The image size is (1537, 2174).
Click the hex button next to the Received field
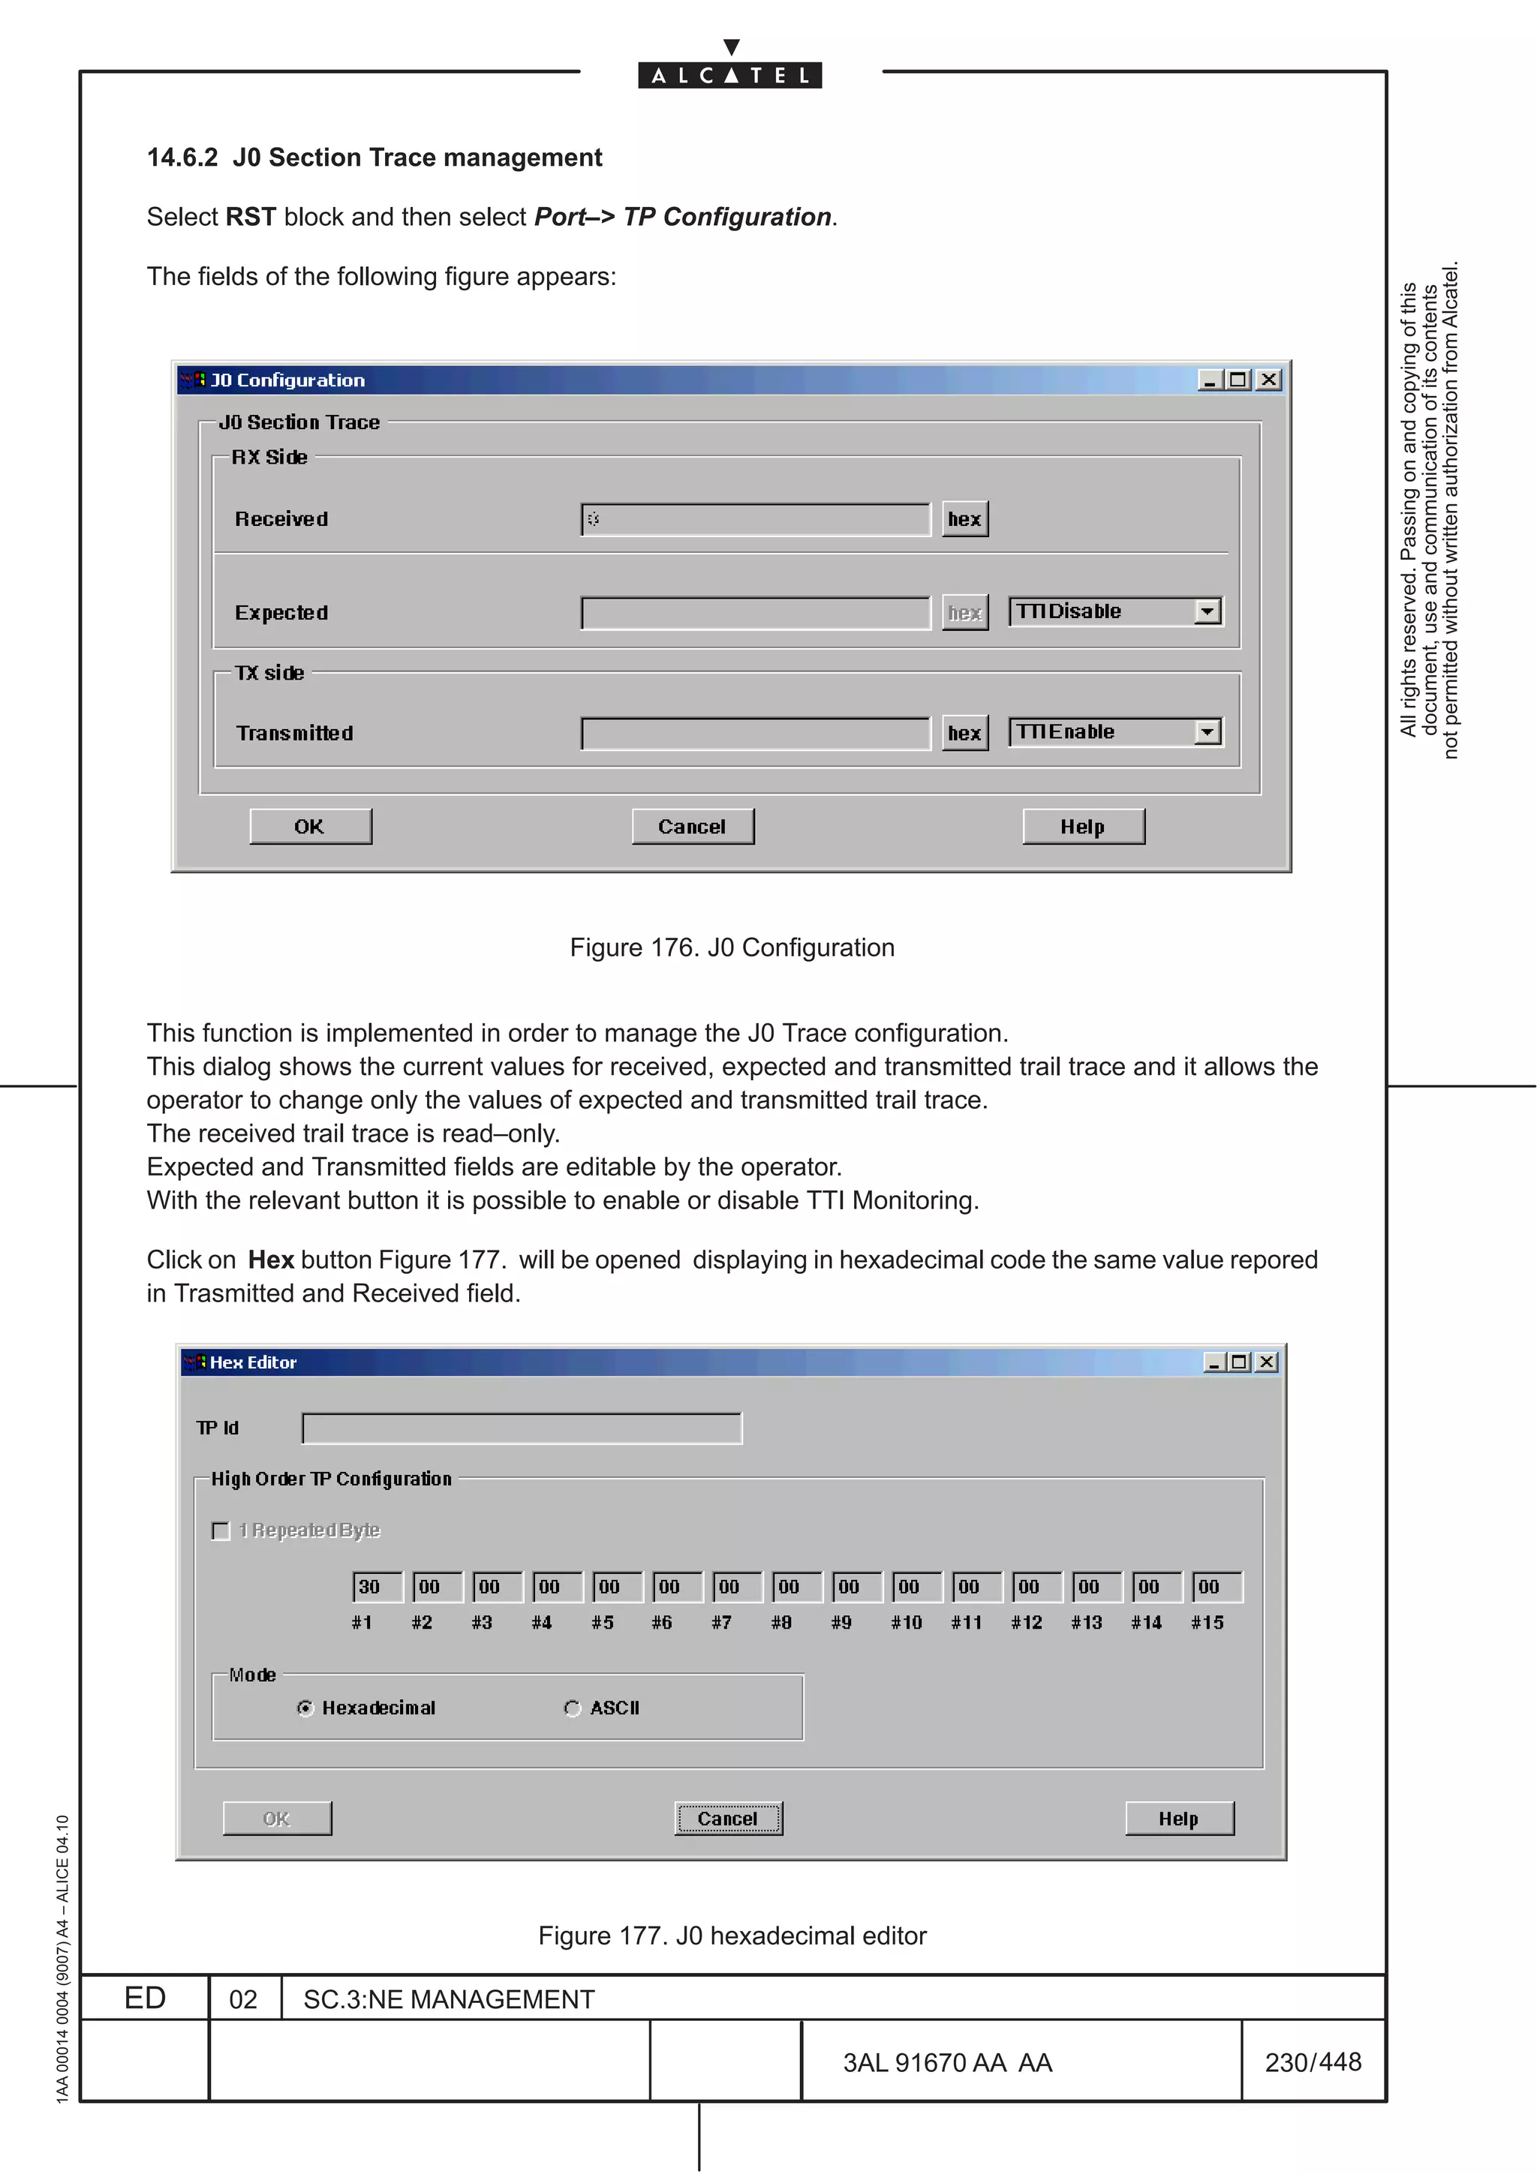pyautogui.click(x=964, y=519)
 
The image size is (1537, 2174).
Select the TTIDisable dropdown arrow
pyautogui.click(x=1207, y=611)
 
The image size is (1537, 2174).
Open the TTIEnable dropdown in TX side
pyautogui.click(x=1207, y=732)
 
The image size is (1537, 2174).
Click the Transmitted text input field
pyautogui.click(x=756, y=733)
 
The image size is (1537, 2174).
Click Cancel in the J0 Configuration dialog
pyautogui.click(x=692, y=827)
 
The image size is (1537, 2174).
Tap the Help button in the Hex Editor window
pyautogui.click(x=1178, y=1818)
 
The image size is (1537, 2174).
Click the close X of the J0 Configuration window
pyautogui.click(x=1269, y=380)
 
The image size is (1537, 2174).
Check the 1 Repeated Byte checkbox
pyautogui.click(x=221, y=1531)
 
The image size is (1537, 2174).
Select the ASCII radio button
pyautogui.click(x=572, y=1708)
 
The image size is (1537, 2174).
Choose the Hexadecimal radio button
pyautogui.click(x=305, y=1708)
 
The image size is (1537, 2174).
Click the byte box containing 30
pyautogui.click(x=376, y=1587)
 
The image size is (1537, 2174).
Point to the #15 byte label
pyautogui.click(x=1208, y=1623)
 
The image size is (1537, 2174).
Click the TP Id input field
pyautogui.click(x=521, y=1428)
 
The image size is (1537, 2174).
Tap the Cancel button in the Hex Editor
pyautogui.click(x=727, y=1818)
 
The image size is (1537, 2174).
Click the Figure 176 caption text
pyautogui.click(x=731, y=947)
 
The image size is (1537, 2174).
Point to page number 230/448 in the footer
pyautogui.click(x=1313, y=2062)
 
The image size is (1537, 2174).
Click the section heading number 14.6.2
pyautogui.click(x=182, y=158)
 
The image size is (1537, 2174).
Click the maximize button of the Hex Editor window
pyautogui.click(x=1239, y=1362)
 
